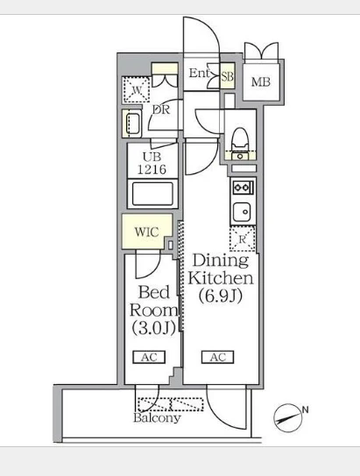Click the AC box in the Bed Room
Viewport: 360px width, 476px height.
149,357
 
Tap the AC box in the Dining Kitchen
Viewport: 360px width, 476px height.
218,357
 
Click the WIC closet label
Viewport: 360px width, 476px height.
147,232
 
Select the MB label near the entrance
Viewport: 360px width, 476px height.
261,81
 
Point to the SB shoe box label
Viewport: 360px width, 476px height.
227,76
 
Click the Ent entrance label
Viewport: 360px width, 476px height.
200,73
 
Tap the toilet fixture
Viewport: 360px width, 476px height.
240,140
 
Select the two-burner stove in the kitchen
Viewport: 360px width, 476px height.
243,187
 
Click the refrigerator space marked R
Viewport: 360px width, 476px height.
243,239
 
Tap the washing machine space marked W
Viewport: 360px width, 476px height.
136,89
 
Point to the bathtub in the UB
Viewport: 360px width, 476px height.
152,193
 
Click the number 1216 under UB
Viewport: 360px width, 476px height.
152,170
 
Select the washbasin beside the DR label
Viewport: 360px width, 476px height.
132,124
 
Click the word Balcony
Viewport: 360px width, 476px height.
157,418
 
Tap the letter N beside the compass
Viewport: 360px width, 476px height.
306,409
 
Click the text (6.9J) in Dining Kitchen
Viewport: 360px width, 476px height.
221,296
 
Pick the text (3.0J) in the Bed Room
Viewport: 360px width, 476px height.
154,328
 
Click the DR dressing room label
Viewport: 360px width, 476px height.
161,109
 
